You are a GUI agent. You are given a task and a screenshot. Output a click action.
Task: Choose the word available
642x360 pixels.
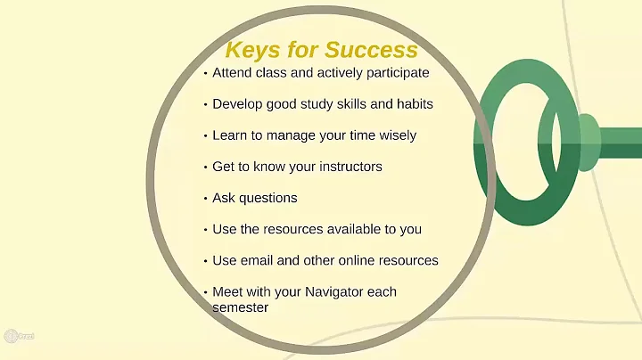pos(347,229)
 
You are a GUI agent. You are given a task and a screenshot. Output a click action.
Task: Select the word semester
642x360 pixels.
pos(241,307)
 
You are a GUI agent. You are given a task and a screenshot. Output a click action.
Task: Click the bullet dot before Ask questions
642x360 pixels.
pos(205,199)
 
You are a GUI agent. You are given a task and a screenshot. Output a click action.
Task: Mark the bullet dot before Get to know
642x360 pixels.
pos(205,168)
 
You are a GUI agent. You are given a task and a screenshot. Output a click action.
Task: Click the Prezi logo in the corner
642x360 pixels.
pos(12,337)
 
